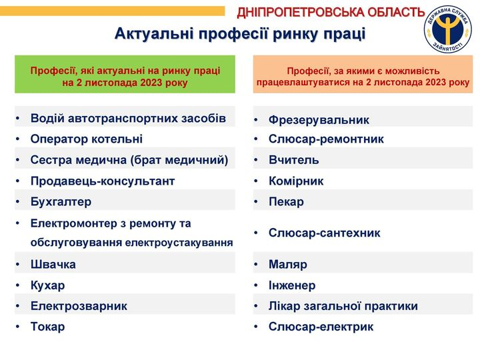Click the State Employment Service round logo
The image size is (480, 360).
448,29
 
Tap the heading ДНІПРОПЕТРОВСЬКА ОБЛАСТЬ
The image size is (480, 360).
331,13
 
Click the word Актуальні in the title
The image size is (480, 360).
154,34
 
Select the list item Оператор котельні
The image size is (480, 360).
87,139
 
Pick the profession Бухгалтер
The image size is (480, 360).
61,202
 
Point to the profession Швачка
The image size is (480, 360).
53,265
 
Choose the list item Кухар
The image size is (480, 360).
48,285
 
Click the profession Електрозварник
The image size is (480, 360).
79,306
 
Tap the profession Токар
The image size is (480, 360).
48,327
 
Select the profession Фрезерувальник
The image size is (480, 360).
319,120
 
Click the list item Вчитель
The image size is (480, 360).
294,160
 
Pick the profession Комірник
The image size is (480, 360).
296,181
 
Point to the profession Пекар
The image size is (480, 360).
286,202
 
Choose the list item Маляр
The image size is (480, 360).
288,265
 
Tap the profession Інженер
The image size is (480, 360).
292,285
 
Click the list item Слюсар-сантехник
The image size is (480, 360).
325,233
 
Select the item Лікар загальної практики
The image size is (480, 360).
343,306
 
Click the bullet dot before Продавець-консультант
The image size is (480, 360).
18,181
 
